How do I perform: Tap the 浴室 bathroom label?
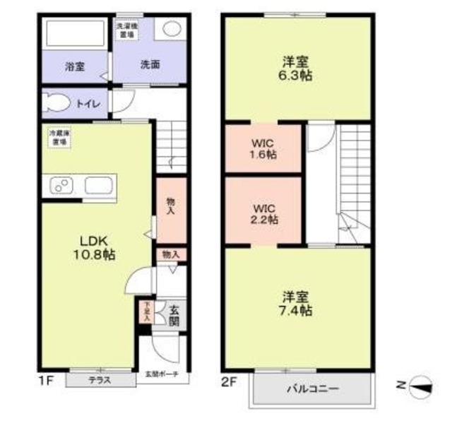tap(74, 66)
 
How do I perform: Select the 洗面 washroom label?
tap(149, 65)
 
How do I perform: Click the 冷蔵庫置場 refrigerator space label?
tap(59, 137)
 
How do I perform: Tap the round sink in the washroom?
tap(172, 30)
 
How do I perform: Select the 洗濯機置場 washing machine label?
tap(126, 30)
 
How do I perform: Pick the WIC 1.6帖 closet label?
tap(263, 149)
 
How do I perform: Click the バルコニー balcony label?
tap(312, 389)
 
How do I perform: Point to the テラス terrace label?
tap(100, 380)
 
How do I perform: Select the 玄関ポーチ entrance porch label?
tap(162, 374)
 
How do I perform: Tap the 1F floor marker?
tap(46, 381)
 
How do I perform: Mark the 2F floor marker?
tap(228, 381)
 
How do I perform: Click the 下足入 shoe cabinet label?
tap(146, 312)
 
